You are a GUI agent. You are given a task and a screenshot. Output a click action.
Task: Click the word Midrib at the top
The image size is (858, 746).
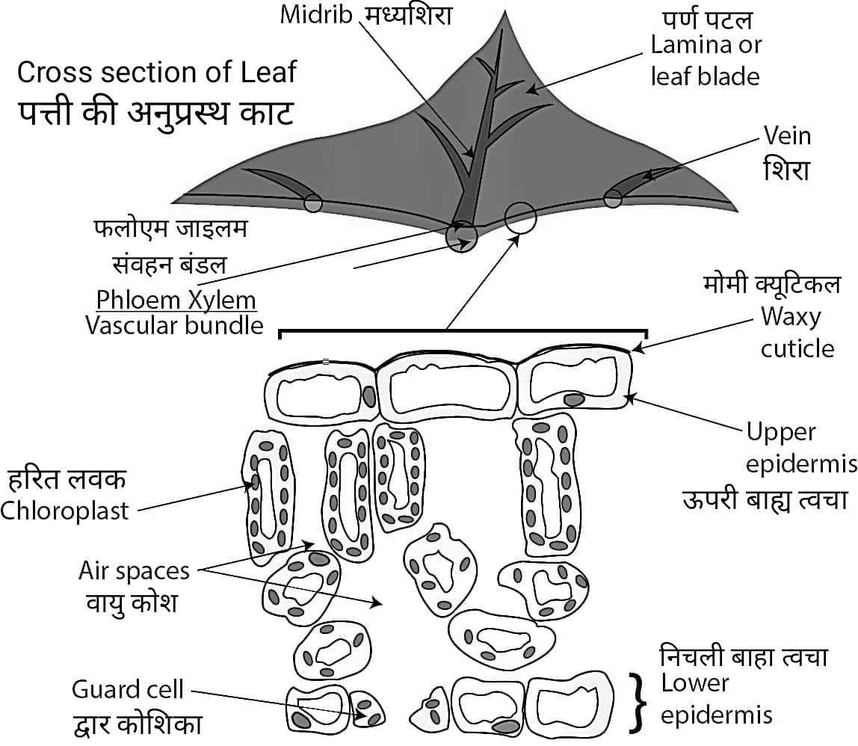(315, 15)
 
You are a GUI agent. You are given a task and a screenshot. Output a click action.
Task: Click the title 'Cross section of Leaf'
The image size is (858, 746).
(156, 73)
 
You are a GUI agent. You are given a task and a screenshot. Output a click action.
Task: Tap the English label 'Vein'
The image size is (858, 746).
(786, 136)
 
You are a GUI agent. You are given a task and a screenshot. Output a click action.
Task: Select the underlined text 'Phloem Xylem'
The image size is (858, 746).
(176, 300)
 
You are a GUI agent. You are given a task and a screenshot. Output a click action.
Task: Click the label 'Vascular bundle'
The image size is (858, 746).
(174, 326)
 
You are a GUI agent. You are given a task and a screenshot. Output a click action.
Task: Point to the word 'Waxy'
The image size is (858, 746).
(791, 317)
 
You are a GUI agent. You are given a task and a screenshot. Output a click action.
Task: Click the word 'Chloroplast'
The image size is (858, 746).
(65, 511)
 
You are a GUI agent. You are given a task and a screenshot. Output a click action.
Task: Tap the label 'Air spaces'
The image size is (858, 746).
(134, 571)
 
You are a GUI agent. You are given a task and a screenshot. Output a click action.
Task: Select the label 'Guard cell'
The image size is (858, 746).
(127, 689)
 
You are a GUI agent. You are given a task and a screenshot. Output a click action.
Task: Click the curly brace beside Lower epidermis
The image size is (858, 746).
(637, 700)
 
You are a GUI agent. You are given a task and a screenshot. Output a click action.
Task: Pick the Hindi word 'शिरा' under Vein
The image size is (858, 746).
(786, 170)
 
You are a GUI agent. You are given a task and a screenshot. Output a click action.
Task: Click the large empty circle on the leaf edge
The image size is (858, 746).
(520, 218)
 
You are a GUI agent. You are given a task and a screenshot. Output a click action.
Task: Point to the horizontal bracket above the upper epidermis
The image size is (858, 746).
(463, 331)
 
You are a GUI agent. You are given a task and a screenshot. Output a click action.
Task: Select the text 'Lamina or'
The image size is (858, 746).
(706, 45)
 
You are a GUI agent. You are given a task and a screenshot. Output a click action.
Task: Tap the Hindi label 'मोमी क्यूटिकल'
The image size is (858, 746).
(771, 285)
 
